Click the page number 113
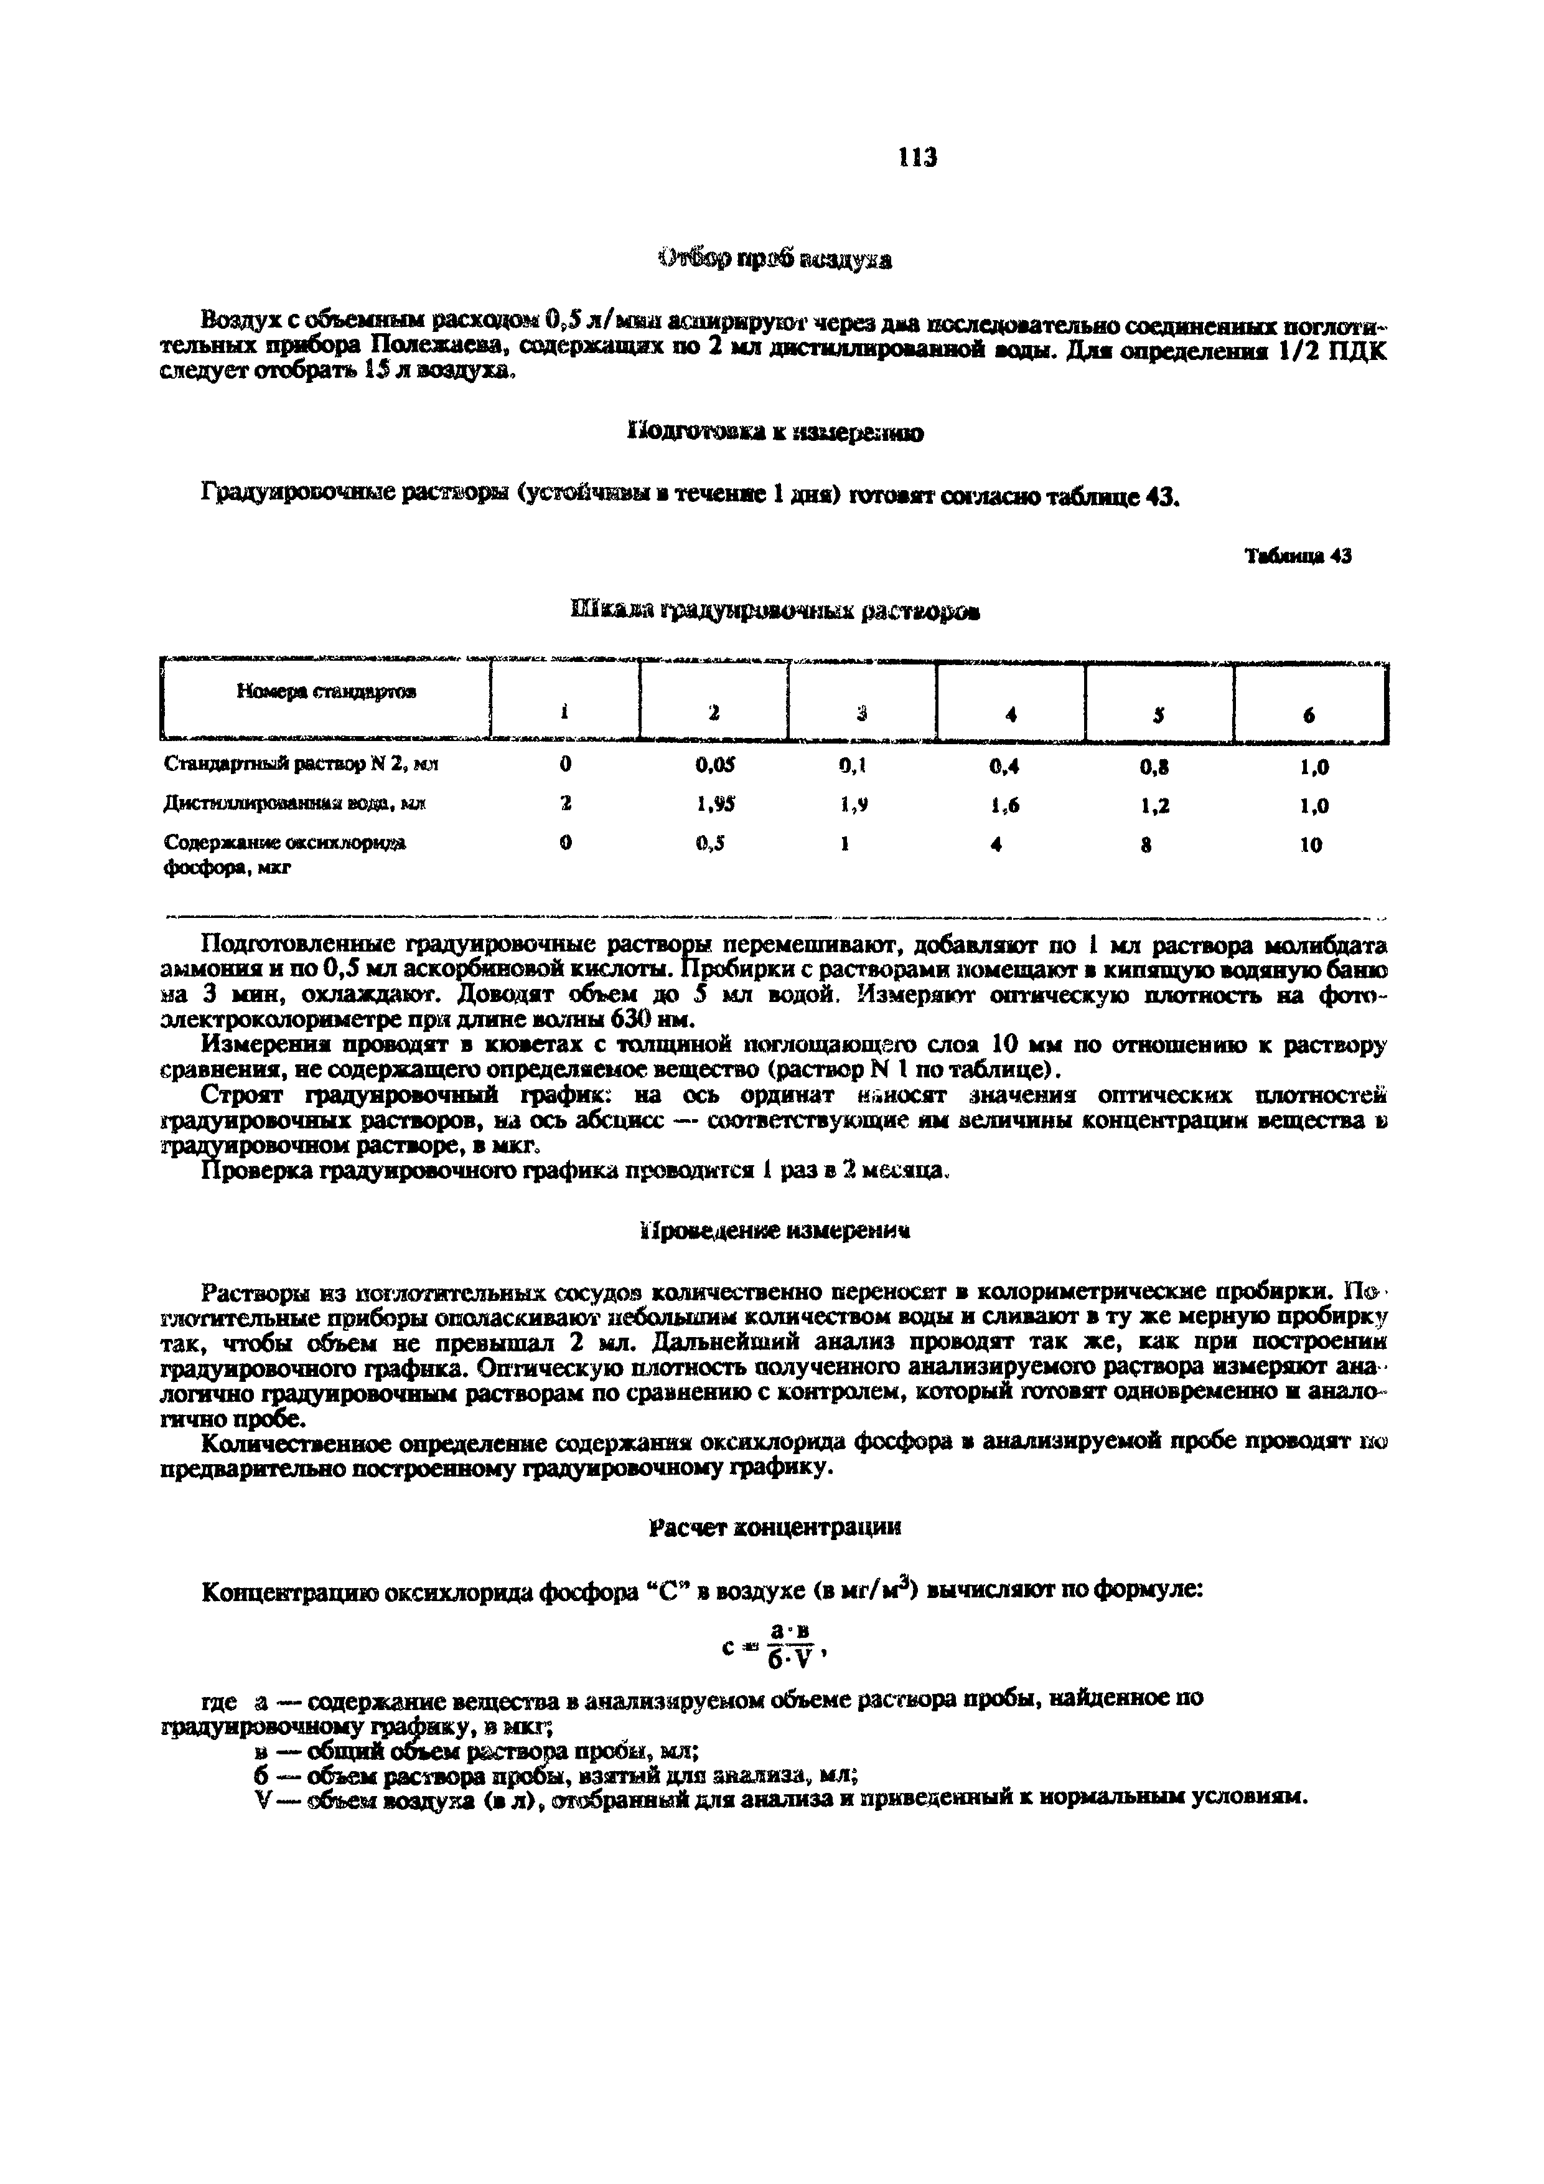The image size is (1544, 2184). pyautogui.click(x=917, y=157)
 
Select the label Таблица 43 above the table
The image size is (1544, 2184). pyautogui.click(x=1298, y=557)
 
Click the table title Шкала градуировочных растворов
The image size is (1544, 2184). pyautogui.click(x=776, y=611)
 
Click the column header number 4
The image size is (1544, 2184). pyautogui.click(x=1011, y=716)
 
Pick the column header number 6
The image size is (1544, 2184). pyautogui.click(x=1309, y=716)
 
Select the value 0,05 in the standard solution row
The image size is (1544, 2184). pyautogui.click(x=715, y=765)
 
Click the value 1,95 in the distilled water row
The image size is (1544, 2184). pyautogui.click(x=715, y=805)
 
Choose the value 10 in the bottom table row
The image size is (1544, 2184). pyautogui.click(x=1310, y=844)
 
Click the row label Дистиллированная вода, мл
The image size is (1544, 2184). pyautogui.click(x=295, y=805)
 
